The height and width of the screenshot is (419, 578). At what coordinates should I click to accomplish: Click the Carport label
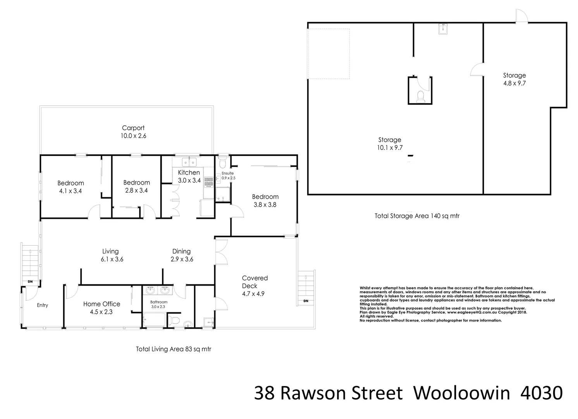(x=133, y=128)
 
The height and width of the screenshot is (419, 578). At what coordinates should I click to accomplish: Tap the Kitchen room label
(x=189, y=173)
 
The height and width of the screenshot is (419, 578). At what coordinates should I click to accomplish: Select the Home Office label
(x=101, y=304)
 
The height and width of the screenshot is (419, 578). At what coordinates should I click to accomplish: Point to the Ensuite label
(x=227, y=173)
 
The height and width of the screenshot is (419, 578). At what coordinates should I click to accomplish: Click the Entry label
(x=43, y=305)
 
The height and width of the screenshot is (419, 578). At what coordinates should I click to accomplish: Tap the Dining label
(x=181, y=251)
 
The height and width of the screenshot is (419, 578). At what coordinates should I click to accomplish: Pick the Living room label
(x=110, y=251)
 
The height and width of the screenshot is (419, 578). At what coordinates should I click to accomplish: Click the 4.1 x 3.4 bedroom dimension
(x=71, y=191)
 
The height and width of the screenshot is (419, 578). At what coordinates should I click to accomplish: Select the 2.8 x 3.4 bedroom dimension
(x=136, y=190)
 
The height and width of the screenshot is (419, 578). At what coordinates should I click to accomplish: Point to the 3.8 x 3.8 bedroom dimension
(x=265, y=205)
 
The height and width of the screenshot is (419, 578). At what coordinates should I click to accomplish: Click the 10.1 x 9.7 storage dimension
(x=390, y=148)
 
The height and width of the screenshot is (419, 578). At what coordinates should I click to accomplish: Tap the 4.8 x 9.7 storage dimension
(x=514, y=83)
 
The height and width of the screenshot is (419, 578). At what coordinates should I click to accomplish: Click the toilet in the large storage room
(x=420, y=96)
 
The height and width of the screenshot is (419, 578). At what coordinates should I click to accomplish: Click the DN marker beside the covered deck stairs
(x=306, y=301)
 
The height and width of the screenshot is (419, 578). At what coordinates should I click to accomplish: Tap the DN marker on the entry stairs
(x=30, y=282)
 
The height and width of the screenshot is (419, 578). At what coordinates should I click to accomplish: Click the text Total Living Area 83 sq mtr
(x=173, y=349)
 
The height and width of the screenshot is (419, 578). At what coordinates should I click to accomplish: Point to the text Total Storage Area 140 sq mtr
(x=417, y=216)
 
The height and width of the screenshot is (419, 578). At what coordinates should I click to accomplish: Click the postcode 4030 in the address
(x=542, y=393)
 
